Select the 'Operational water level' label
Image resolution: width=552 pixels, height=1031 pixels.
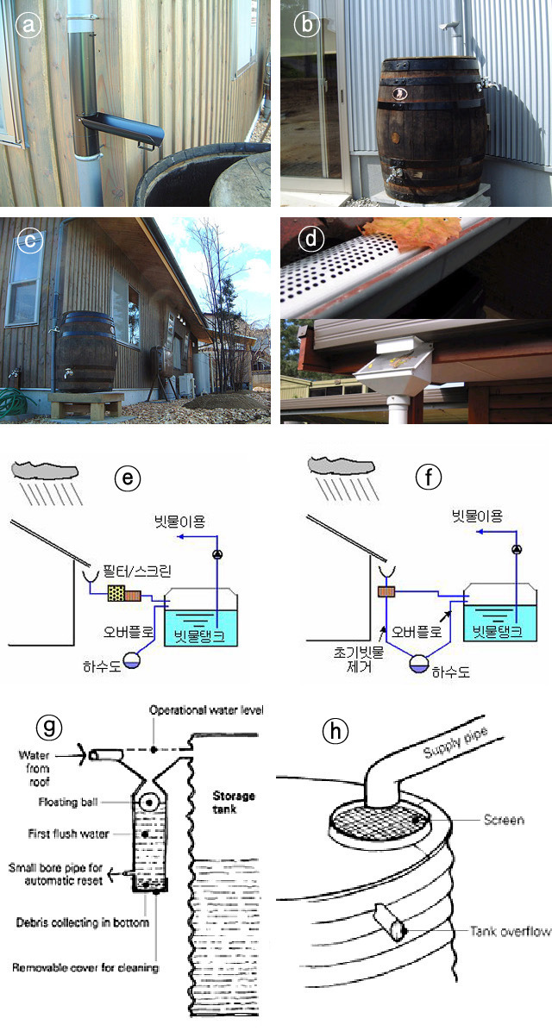pyautogui.click(x=205, y=710)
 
